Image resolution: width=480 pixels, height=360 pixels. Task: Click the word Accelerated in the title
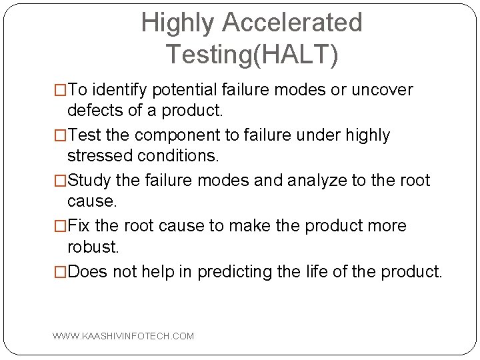292,23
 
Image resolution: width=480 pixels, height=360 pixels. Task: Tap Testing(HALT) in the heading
252,54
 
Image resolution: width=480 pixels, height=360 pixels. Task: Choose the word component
177,135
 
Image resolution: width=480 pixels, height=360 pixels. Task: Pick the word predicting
235,272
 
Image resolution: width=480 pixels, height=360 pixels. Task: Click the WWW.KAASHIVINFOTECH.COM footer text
123,336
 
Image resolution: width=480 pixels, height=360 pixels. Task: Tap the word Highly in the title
178,23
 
